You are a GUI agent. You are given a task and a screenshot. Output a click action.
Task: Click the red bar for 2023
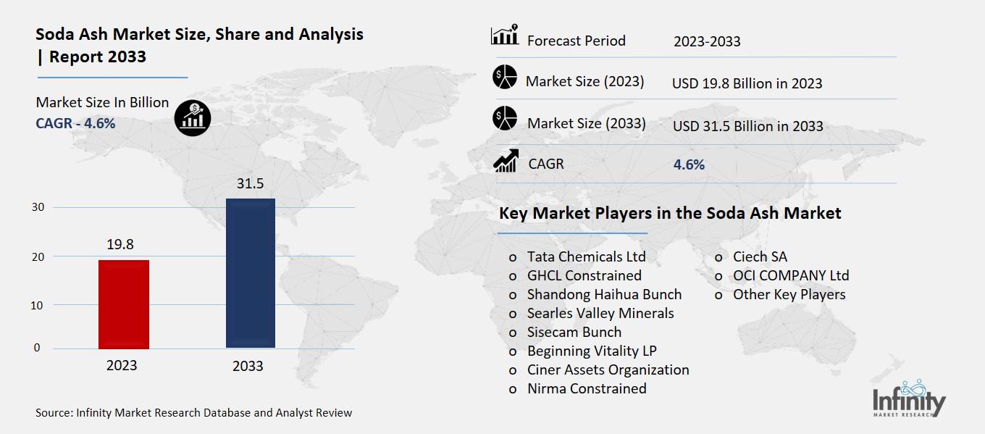point(123,304)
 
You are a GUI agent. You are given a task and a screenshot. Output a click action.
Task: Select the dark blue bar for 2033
point(251,273)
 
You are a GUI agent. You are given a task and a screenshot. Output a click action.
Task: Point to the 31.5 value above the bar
point(251,184)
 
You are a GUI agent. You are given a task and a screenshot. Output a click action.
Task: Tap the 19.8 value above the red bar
point(120,245)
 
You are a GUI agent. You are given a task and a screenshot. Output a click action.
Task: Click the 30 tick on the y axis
point(38,207)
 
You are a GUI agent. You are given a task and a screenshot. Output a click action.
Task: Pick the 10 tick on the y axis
point(38,305)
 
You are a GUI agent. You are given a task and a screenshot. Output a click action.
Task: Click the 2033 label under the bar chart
point(248,366)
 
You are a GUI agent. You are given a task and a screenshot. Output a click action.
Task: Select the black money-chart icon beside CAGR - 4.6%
point(193,117)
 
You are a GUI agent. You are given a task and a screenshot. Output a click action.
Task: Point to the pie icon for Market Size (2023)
point(504,77)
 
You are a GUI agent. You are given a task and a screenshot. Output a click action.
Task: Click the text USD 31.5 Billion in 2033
point(747,126)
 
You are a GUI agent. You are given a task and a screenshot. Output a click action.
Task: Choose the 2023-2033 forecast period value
point(707,41)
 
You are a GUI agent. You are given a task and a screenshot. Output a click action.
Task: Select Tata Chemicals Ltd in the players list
point(586,256)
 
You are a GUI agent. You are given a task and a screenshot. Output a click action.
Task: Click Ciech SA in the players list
point(760,256)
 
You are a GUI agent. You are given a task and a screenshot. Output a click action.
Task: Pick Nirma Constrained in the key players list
point(587,388)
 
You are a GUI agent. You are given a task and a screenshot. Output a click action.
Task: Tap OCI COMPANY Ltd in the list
point(791,275)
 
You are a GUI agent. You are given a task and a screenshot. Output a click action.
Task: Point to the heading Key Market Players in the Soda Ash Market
point(670,213)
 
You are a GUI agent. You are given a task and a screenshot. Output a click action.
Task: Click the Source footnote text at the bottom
point(193,413)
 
